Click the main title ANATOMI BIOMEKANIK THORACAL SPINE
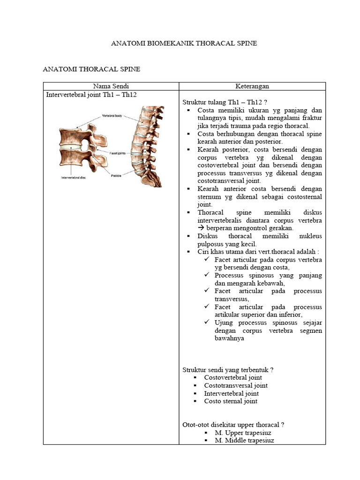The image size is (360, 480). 184,43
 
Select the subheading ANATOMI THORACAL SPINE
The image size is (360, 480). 91,69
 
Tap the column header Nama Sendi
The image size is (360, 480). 111,86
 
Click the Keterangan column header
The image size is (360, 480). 252,86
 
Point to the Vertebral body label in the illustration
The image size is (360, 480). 112,116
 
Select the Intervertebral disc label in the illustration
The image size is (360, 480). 74,178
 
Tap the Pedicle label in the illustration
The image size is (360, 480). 117,175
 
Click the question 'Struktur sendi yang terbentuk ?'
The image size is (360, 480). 228,369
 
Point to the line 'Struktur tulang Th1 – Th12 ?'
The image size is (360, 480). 224,102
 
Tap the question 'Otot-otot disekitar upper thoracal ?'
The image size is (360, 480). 233,425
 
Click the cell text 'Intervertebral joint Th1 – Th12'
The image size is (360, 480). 91,94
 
